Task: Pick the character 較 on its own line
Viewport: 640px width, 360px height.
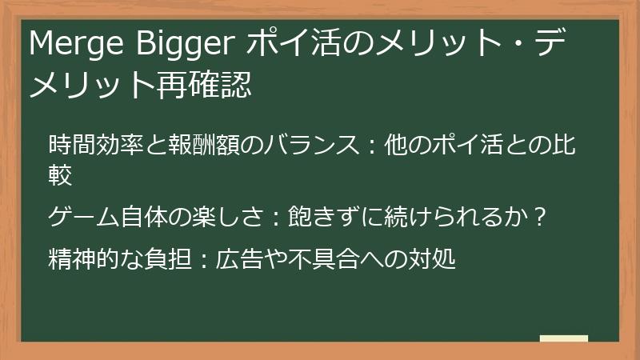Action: tap(61, 174)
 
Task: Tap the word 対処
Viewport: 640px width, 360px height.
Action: tap(436, 259)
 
